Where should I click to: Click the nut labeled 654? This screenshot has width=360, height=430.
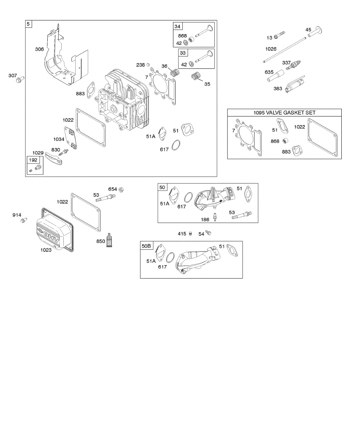point(121,189)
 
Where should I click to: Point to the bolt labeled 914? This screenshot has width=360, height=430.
point(24,220)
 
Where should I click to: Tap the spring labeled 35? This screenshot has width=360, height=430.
point(196,77)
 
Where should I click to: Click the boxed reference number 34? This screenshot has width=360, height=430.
point(178,27)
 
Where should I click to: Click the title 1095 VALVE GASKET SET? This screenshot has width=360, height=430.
point(284,113)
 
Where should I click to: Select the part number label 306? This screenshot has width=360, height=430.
point(39,49)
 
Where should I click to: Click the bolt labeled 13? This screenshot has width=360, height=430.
point(280,35)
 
